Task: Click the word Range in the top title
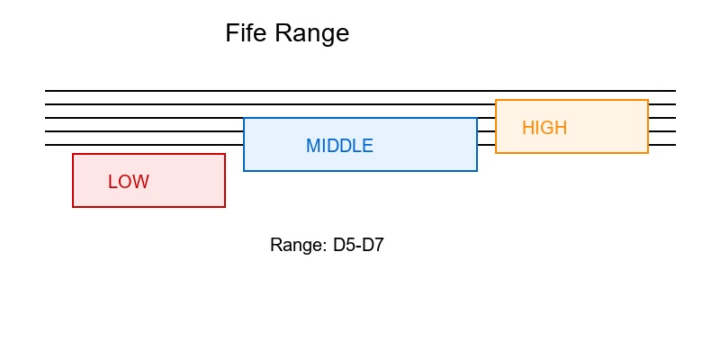pyautogui.click(x=312, y=34)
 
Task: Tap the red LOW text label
pyautogui.click(x=128, y=182)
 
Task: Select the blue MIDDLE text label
pyautogui.click(x=339, y=146)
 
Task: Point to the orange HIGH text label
pyautogui.click(x=544, y=128)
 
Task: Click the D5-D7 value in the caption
pyautogui.click(x=359, y=245)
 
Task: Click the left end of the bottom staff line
pyautogui.click(x=46, y=145)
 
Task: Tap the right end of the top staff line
pyautogui.click(x=674, y=91)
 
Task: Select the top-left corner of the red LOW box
pyautogui.click(x=73, y=154)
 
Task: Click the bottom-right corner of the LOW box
pyautogui.click(x=225, y=207)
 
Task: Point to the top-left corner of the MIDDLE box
pyautogui.click(x=244, y=118)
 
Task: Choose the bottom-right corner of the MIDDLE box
pyautogui.click(x=477, y=171)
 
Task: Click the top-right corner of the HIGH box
pyautogui.click(x=648, y=100)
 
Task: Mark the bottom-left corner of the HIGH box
pyautogui.click(x=496, y=153)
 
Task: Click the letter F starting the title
pyautogui.click(x=231, y=34)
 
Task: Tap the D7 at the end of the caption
pyautogui.click(x=373, y=245)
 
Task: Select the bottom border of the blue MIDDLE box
pyautogui.click(x=360, y=171)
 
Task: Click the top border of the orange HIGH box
pyautogui.click(x=571, y=100)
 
